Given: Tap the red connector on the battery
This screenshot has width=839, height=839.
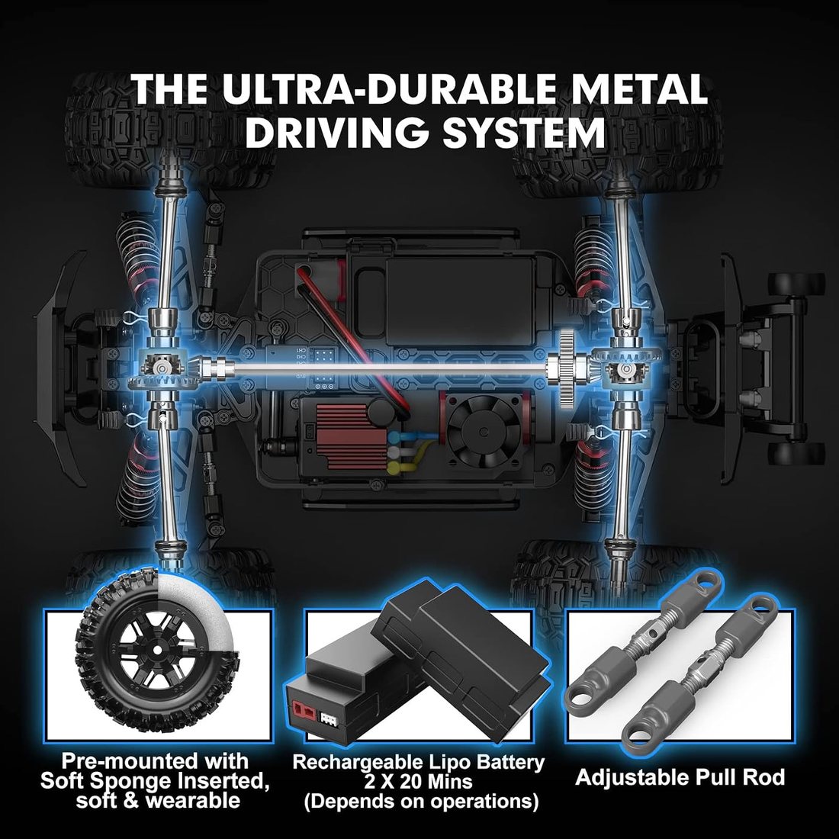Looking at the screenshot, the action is [304, 712].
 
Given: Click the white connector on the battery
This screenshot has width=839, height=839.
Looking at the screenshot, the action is [328, 718].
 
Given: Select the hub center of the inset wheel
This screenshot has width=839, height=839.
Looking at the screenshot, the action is [156, 649].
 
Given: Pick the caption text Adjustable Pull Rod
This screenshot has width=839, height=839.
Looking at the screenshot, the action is [680, 777].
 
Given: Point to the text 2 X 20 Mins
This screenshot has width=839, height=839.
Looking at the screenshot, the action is [419, 782].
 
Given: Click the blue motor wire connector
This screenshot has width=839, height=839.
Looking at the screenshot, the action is [397, 437].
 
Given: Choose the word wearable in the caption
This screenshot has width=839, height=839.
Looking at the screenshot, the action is [193, 801].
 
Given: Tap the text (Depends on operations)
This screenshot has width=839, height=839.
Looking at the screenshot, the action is [421, 802].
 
